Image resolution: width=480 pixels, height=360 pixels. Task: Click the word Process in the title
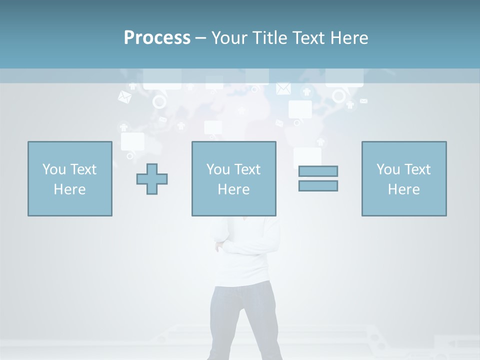point(157,38)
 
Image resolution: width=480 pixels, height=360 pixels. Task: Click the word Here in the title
point(349,38)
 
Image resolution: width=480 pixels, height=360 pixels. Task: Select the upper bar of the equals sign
point(318,171)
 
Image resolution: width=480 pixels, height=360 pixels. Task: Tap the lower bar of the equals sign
point(318,185)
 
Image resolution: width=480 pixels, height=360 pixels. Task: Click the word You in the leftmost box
point(54,169)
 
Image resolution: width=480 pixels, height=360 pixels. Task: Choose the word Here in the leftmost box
point(69,189)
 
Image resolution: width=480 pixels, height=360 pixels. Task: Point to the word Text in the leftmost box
point(83,169)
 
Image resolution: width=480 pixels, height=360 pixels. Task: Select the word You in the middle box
point(218,169)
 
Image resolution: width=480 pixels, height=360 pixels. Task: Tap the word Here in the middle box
point(233,189)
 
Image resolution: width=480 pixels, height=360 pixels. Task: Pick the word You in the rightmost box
point(388,169)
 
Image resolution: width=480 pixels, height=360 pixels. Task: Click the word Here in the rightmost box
point(403,189)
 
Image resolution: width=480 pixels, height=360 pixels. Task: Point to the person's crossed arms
point(240,245)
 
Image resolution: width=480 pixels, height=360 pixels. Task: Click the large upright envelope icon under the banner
point(283,88)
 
